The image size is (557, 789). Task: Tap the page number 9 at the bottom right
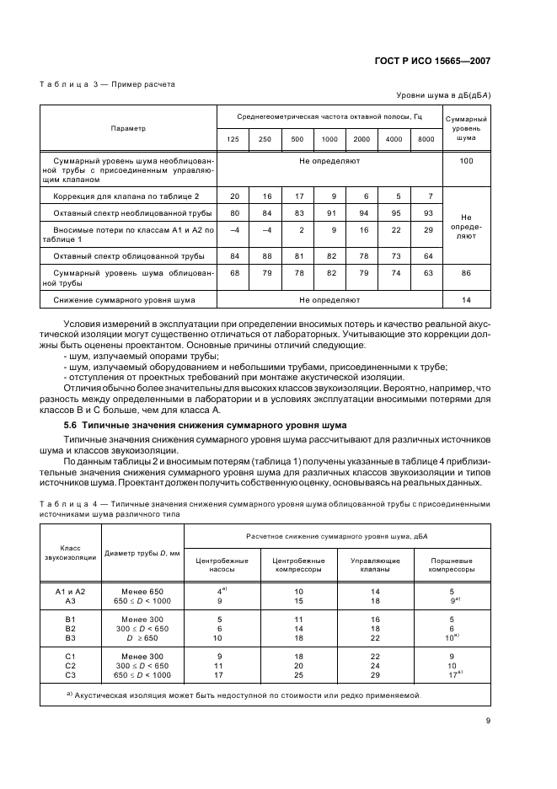(488, 720)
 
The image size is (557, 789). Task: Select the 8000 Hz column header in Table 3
(426, 138)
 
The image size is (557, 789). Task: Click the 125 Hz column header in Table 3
(233, 138)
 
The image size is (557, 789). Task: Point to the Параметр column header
(128, 128)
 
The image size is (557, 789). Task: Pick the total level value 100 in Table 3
(466, 160)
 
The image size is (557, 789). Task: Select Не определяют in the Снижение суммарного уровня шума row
(329, 299)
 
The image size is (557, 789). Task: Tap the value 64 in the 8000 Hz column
(426, 255)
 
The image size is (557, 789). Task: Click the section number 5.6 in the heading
(71, 424)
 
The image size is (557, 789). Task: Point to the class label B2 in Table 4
(71, 628)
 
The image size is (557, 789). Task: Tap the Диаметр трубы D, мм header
(142, 554)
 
